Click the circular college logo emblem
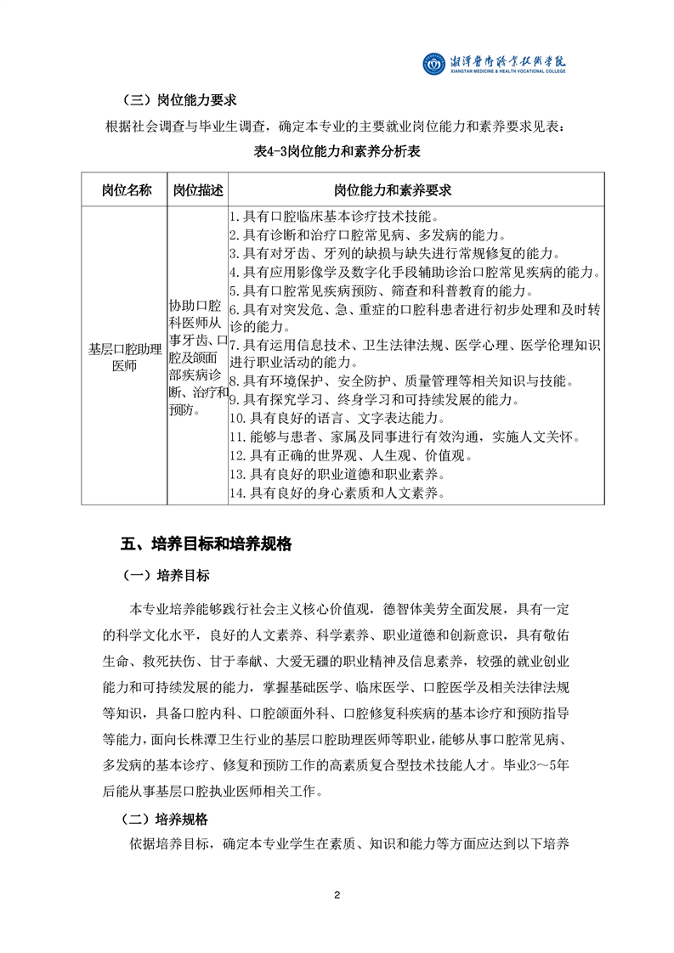click(434, 64)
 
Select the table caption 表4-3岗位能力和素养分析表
click(337, 152)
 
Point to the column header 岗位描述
click(197, 190)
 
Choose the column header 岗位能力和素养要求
click(416, 190)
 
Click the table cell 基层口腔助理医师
click(124, 356)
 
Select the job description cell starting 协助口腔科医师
click(197, 356)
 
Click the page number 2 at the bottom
click(337, 895)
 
